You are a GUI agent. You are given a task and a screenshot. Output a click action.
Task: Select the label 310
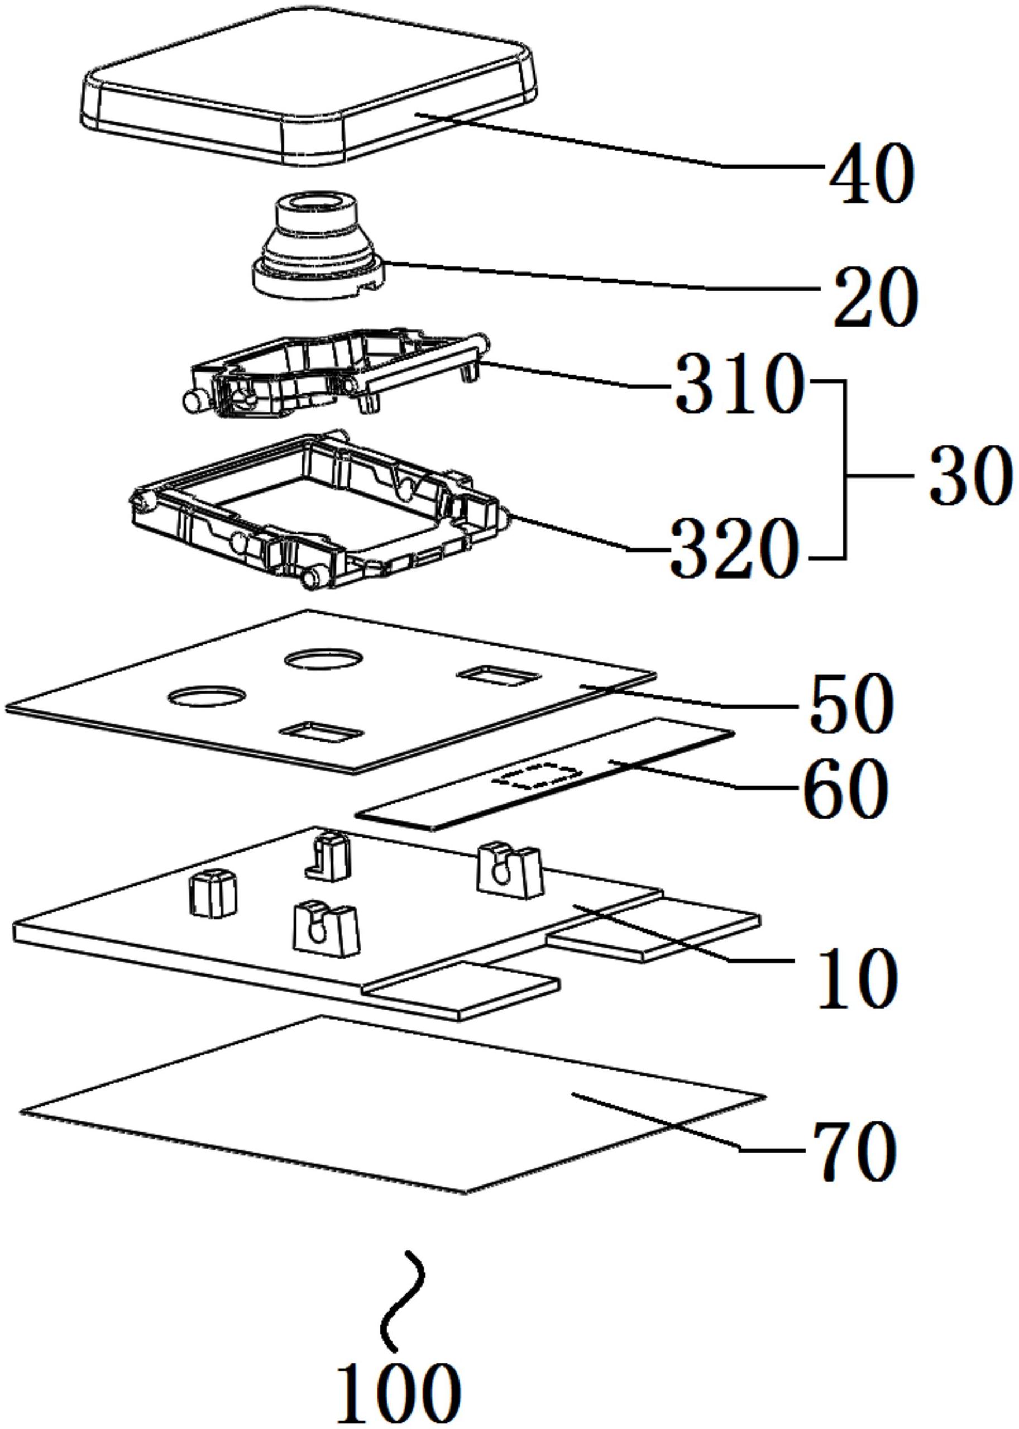[739, 383]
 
